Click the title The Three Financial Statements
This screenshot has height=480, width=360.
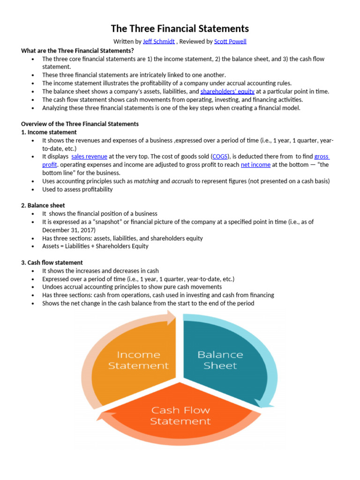180,29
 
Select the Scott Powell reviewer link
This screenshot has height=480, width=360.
230,41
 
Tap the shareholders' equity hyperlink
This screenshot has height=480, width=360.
227,91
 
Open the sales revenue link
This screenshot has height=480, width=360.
90,157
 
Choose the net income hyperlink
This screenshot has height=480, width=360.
255,165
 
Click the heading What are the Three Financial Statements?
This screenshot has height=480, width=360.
77,51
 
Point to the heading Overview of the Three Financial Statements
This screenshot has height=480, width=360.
80,124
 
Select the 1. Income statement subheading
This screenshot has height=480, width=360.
49,132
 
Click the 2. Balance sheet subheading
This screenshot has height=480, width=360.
43,205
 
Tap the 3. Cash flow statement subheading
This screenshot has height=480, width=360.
52,262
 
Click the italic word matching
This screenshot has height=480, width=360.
146,181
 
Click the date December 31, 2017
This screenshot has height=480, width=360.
68,230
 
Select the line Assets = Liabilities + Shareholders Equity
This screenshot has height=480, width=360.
95,246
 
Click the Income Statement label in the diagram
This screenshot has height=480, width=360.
138,360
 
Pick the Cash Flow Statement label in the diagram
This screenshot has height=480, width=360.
180,416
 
